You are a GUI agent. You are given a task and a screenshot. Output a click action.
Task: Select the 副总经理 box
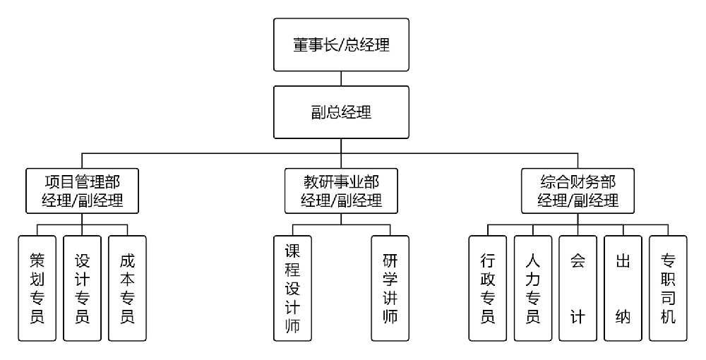click(342, 112)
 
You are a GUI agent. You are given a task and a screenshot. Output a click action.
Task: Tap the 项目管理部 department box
click(82, 190)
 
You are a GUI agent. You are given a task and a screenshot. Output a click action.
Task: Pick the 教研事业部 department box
click(342, 190)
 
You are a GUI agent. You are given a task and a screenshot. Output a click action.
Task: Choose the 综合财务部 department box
click(578, 190)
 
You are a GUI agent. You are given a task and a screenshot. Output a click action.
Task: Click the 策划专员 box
click(37, 288)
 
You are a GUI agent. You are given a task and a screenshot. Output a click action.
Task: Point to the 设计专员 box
click(82, 288)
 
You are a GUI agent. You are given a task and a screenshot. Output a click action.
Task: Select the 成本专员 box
click(127, 288)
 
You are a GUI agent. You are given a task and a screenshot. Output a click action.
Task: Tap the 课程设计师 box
click(292, 288)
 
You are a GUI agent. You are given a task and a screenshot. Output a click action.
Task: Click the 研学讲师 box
click(390, 288)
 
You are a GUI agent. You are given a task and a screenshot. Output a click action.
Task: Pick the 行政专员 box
click(487, 288)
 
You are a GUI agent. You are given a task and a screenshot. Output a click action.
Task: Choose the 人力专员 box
click(532, 288)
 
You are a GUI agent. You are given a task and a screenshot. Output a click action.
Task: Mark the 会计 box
click(578, 288)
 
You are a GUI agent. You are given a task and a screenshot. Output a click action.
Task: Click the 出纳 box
click(623, 288)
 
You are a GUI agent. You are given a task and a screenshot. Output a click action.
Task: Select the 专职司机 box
click(668, 288)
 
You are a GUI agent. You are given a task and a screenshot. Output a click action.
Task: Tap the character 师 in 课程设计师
click(292, 327)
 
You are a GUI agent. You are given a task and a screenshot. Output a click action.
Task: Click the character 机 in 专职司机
click(668, 316)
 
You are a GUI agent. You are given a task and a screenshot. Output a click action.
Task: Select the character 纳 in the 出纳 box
click(623, 311)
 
